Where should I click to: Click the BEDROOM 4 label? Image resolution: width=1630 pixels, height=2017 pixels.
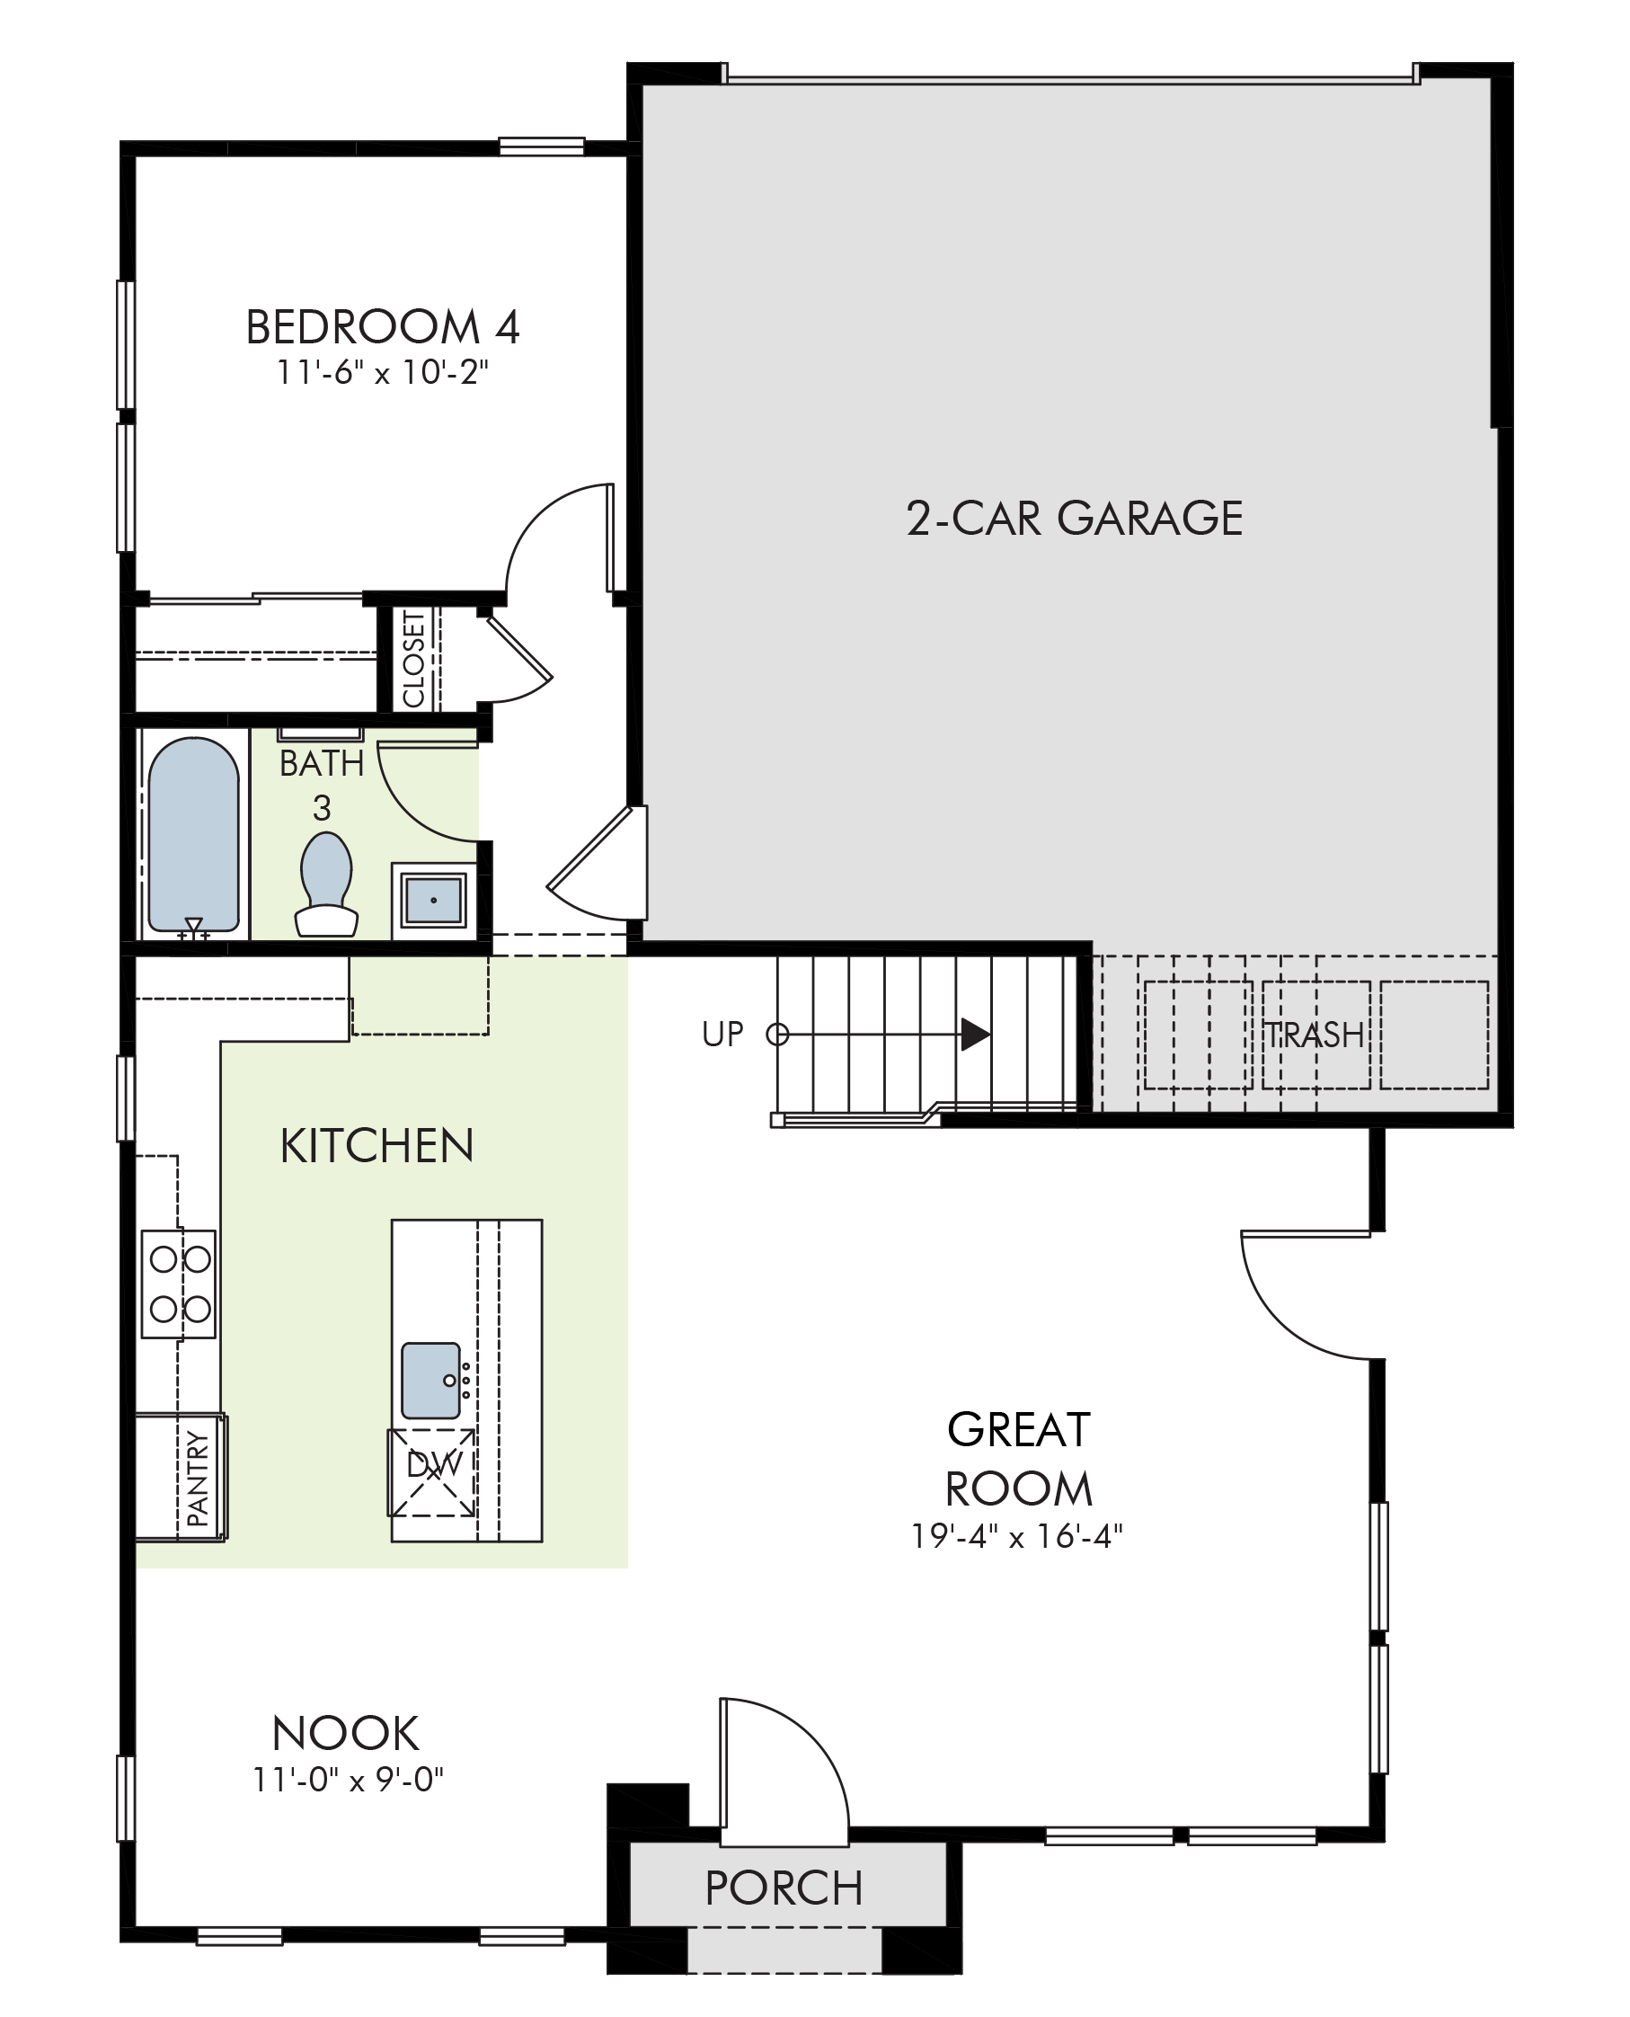pos(382,328)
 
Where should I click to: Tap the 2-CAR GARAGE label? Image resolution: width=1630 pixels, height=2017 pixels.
pos(1074,519)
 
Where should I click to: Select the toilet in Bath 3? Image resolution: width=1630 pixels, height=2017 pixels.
pos(326,884)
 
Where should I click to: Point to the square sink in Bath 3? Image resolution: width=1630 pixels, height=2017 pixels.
pos(433,900)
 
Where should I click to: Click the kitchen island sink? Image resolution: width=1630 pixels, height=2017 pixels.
pos(431,1381)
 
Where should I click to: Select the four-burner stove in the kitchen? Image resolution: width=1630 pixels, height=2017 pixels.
pos(179,1284)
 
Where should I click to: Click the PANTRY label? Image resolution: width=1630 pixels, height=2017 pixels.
pos(198,1478)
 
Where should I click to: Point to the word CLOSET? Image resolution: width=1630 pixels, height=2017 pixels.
pos(414,658)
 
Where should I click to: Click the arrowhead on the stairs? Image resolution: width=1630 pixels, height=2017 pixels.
pos(976,1035)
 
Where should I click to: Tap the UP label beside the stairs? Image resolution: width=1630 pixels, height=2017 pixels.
pos(722,1035)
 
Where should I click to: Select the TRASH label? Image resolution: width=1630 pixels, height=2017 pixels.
pos(1314,1035)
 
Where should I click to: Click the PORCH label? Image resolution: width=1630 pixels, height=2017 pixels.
pos(784,1888)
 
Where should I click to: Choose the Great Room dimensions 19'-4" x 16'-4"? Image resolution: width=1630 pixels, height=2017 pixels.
pos(1017,1536)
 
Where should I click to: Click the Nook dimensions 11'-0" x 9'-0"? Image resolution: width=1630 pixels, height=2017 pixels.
pos(348,1780)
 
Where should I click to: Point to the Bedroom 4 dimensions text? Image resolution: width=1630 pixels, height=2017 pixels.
pos(383,373)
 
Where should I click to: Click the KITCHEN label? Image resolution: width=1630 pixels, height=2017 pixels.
pos(377,1147)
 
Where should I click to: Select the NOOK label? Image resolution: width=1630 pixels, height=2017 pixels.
pos(346,1734)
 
